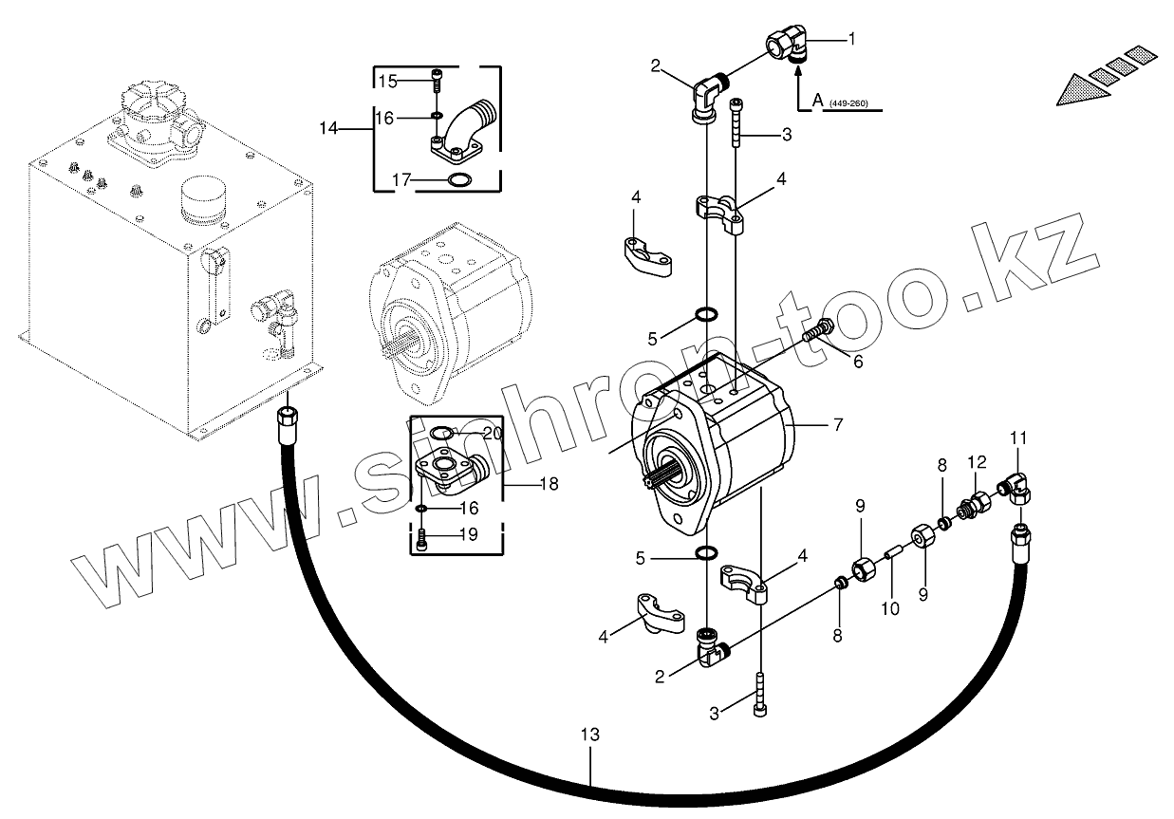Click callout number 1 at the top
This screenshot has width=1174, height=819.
pyautogui.click(x=851, y=39)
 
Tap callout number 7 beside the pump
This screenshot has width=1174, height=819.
pyautogui.click(x=837, y=425)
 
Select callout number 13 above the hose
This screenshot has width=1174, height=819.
pyautogui.click(x=589, y=735)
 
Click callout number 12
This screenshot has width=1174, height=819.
pyautogui.click(x=978, y=462)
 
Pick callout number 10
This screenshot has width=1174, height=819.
pyautogui.click(x=889, y=608)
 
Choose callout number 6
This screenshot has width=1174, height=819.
pyautogui.click(x=858, y=362)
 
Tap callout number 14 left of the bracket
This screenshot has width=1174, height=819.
pyautogui.click(x=328, y=128)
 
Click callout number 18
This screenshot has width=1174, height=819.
pyautogui.click(x=549, y=484)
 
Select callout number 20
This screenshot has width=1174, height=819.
pyautogui.click(x=491, y=433)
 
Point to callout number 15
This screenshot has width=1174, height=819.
pyautogui.click(x=387, y=82)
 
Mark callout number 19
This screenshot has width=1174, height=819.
pyautogui.click(x=469, y=535)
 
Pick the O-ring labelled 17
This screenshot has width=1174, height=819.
pyautogui.click(x=458, y=181)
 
